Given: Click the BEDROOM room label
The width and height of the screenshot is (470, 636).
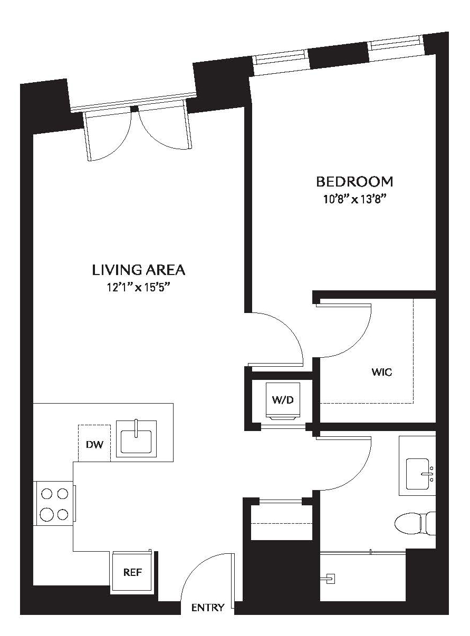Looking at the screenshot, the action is pos(354,181).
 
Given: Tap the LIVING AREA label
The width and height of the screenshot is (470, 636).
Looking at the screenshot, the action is pos(139,270).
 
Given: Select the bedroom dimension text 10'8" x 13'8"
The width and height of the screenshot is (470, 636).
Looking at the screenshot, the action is pos(354,199).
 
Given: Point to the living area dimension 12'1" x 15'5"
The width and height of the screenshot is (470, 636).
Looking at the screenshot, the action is pos(137,287).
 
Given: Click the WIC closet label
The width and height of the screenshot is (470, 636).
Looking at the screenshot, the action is pos(381,372).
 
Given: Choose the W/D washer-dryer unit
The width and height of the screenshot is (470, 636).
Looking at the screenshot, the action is pos(283,400).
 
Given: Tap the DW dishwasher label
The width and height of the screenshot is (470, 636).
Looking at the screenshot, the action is pos(94,444).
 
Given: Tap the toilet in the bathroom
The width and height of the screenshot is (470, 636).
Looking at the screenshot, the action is pos(415,524).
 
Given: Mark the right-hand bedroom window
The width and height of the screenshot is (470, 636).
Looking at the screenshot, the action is pos(396,46).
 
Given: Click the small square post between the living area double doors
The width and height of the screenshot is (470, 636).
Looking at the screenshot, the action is pos(134,109).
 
